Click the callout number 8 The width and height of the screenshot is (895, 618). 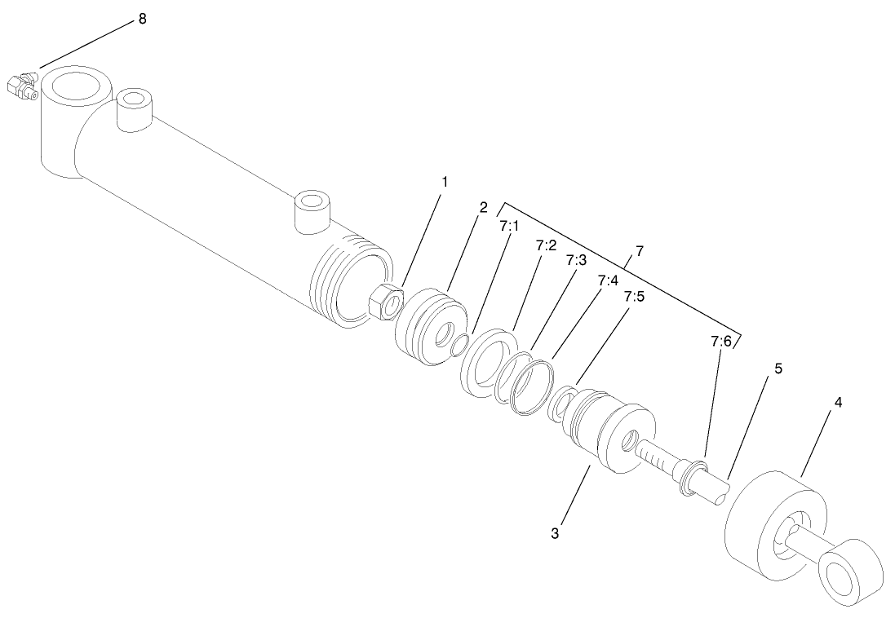point(142,19)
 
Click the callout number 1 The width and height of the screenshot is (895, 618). point(444,182)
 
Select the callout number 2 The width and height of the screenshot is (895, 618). point(483,208)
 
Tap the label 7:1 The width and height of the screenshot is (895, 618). point(509,226)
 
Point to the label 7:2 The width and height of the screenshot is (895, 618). point(546,245)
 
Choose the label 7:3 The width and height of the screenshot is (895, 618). point(576,261)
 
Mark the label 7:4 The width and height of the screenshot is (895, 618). point(607,280)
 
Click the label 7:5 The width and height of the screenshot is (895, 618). point(634,296)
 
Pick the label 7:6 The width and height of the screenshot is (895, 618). point(720,341)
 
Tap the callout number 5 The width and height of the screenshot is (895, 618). point(778,369)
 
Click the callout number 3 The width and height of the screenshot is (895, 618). point(555,533)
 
